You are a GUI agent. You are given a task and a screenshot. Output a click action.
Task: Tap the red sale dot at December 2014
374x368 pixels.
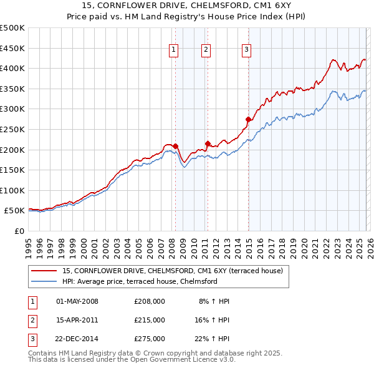click(x=249, y=119)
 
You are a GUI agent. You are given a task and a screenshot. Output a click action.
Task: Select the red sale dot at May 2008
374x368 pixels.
click(x=176, y=146)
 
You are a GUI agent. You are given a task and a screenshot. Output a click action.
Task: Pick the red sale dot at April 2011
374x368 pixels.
click(x=208, y=143)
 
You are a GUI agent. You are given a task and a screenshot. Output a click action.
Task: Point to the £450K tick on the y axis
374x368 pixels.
click(x=12, y=48)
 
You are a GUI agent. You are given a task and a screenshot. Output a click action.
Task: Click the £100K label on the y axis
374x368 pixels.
click(x=12, y=191)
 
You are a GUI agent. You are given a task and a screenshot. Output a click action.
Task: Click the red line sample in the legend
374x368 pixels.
click(x=45, y=271)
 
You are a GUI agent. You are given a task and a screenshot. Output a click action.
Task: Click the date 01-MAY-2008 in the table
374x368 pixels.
click(x=77, y=301)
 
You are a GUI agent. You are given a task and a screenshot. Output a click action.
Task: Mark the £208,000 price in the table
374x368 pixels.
click(x=150, y=301)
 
